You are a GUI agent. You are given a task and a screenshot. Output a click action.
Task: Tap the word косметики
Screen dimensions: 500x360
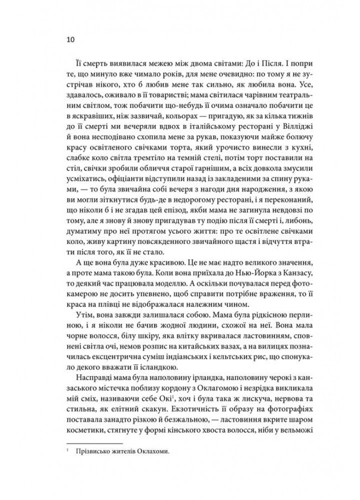86,440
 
